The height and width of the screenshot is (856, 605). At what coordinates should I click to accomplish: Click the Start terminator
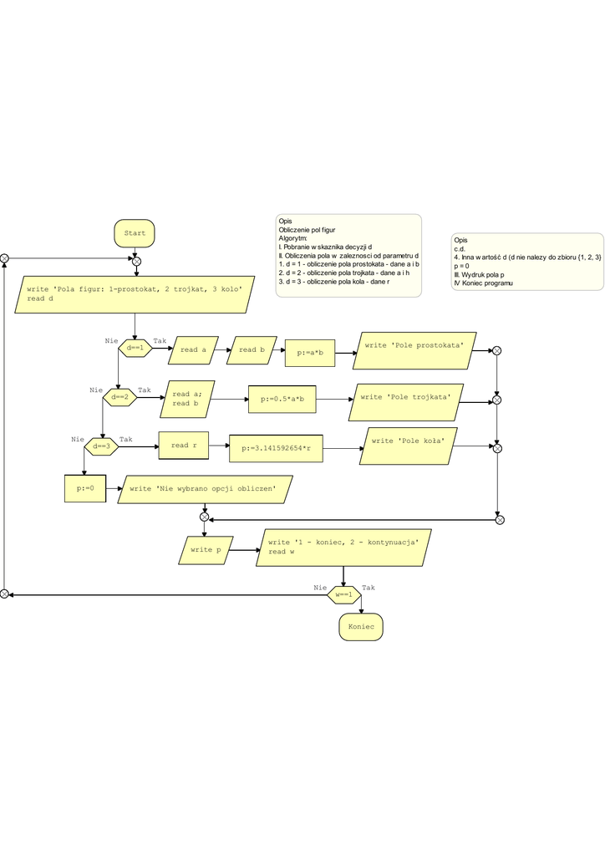tap(134, 233)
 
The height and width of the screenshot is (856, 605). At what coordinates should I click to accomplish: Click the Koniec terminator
tap(360, 626)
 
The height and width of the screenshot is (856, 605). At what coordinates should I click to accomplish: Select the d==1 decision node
tap(135, 348)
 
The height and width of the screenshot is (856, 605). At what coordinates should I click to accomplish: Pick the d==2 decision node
tap(119, 397)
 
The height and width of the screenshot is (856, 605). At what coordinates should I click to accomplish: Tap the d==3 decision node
tap(102, 446)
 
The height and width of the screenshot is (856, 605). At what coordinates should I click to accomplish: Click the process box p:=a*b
tap(310, 353)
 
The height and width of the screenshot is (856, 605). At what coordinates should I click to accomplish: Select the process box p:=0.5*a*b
tap(282, 400)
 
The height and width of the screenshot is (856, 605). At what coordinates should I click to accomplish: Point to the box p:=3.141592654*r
tap(276, 449)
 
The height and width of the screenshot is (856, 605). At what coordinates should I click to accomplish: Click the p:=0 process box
tap(86, 487)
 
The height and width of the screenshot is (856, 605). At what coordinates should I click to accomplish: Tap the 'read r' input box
tap(184, 446)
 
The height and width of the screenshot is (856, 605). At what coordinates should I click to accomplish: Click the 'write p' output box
tap(205, 550)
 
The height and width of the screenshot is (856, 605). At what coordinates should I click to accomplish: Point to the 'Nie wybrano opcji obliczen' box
tap(207, 489)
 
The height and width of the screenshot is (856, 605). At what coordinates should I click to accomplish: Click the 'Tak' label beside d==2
tap(145, 390)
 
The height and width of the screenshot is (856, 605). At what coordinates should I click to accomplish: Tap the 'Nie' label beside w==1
tap(319, 588)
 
